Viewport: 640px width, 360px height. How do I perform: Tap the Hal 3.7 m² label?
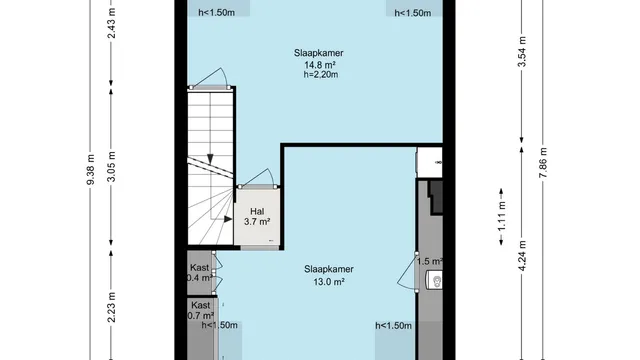point(257,217)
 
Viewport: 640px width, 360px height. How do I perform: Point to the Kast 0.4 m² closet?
point(199,273)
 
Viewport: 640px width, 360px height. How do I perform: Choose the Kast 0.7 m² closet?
point(200,311)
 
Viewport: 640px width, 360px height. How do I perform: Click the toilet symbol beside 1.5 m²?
point(435,278)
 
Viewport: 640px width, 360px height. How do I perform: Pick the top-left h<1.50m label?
point(216,13)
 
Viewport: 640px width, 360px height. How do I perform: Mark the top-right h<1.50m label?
point(413,13)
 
